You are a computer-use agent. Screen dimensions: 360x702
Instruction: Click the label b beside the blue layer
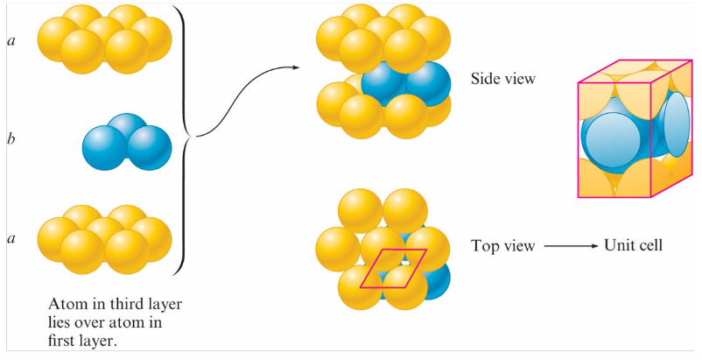(x=11, y=138)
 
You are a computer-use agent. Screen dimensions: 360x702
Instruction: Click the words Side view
(x=502, y=79)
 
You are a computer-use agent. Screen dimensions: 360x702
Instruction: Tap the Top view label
(x=502, y=246)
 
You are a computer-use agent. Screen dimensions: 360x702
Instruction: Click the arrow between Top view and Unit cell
(x=568, y=247)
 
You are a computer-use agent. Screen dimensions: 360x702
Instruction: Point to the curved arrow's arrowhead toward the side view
(x=292, y=67)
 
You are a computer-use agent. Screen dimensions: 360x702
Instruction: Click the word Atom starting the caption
(x=67, y=304)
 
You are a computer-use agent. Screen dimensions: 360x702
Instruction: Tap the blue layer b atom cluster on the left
(x=126, y=141)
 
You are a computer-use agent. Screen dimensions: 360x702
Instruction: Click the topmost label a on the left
(x=11, y=40)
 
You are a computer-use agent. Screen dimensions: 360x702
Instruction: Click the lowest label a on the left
(x=11, y=237)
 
